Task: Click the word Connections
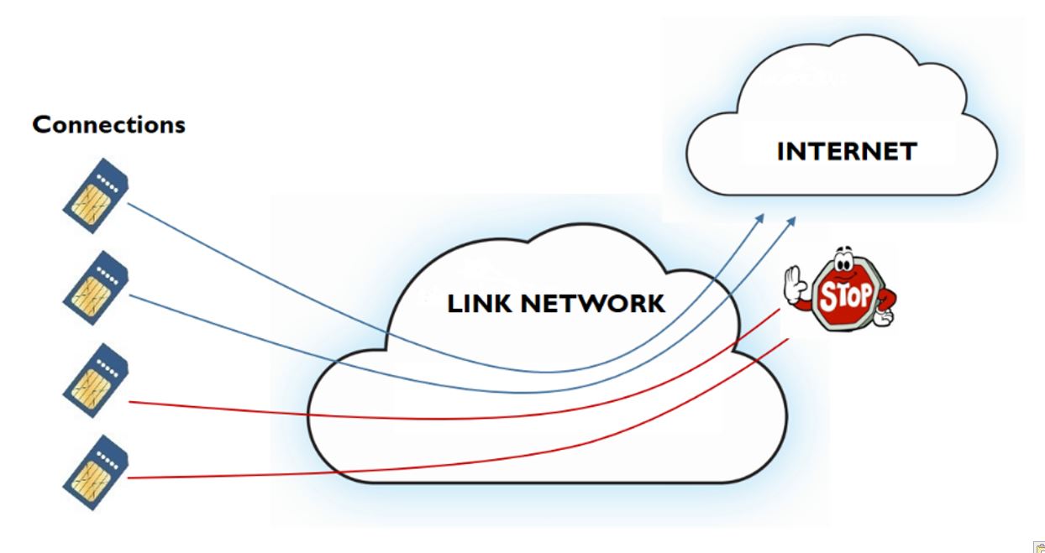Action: (x=108, y=125)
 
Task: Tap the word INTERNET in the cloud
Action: (x=846, y=152)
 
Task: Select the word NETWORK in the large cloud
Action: (x=593, y=303)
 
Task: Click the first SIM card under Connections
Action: (x=96, y=196)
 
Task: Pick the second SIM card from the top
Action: (x=96, y=288)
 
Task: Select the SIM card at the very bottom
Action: (x=96, y=472)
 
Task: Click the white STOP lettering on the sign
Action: (x=845, y=296)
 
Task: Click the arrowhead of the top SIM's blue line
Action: (x=760, y=217)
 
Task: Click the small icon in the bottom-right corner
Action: (x=1039, y=547)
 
